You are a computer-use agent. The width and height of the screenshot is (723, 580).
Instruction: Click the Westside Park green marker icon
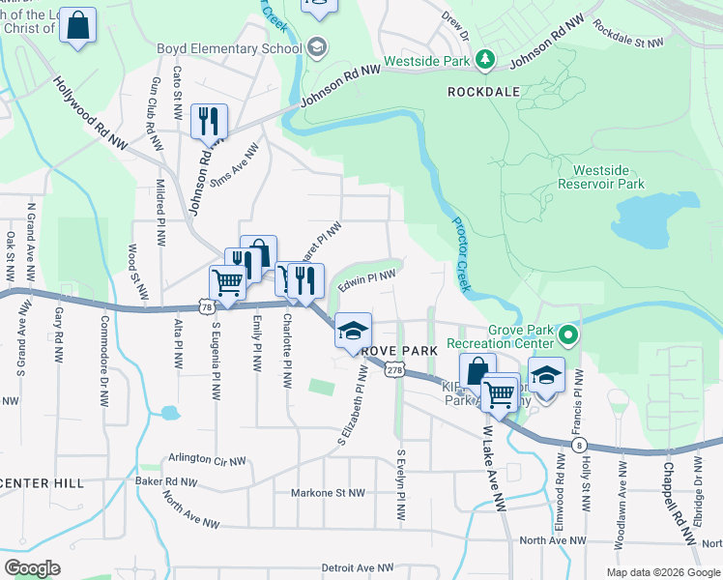pyautogui.click(x=485, y=61)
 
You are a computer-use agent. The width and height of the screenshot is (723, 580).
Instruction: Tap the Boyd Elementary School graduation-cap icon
pyautogui.click(x=317, y=47)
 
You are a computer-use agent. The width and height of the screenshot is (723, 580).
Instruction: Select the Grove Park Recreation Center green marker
pyautogui.click(x=568, y=336)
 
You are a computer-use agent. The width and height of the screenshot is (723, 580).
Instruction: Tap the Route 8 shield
pyautogui.click(x=578, y=444)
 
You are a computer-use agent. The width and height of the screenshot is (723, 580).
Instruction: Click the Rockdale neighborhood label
pyautogui.click(x=484, y=91)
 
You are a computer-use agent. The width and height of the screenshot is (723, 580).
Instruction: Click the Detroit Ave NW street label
pyautogui.click(x=358, y=568)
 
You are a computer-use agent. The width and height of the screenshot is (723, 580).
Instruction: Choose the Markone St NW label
pyautogui.click(x=328, y=493)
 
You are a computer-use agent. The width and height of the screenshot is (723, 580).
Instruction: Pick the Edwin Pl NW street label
pyautogui.click(x=366, y=280)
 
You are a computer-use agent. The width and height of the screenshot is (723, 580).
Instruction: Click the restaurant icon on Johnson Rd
pyautogui.click(x=209, y=122)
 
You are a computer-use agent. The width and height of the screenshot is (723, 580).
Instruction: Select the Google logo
pyautogui.click(x=32, y=568)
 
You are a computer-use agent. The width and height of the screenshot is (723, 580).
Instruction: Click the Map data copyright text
pyautogui.click(x=662, y=572)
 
